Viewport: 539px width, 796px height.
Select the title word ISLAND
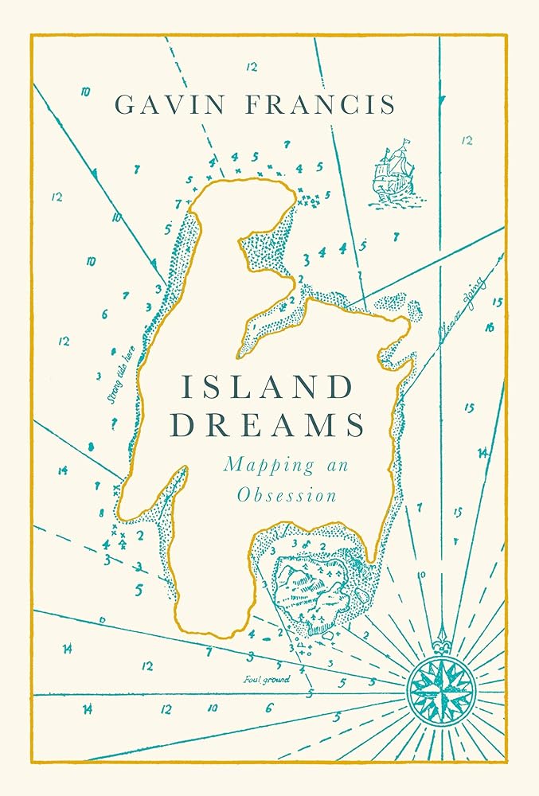pyautogui.click(x=266, y=388)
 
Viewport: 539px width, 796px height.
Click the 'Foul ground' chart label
pyautogui.click(x=267, y=680)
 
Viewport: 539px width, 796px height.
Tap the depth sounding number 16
pyautogui.click(x=489, y=327)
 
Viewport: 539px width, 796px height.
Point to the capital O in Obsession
pyautogui.click(x=244, y=494)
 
